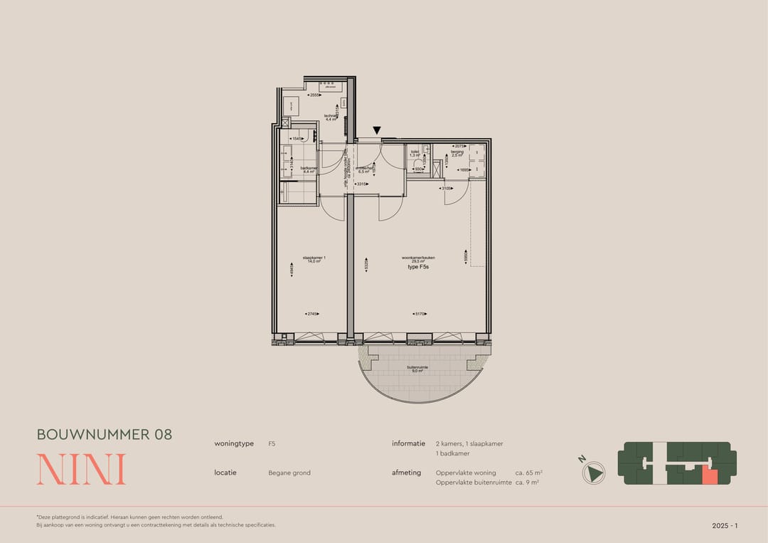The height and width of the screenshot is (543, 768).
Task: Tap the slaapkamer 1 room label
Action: click(x=314, y=259)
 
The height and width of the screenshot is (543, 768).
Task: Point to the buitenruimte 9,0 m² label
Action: click(x=417, y=369)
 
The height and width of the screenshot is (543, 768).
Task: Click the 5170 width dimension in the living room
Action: click(x=420, y=313)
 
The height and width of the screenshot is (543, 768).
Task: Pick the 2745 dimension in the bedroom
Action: click(x=311, y=313)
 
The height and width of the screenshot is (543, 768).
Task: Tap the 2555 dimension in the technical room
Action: click(x=314, y=95)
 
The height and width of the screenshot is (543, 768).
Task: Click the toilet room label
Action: click(x=414, y=153)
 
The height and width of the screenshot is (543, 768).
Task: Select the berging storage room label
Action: click(x=457, y=153)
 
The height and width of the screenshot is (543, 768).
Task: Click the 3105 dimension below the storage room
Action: click(x=447, y=189)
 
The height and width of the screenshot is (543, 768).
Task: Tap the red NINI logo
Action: click(x=81, y=469)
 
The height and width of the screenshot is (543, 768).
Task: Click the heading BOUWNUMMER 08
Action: click(x=105, y=434)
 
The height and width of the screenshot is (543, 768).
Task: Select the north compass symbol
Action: click(x=594, y=472)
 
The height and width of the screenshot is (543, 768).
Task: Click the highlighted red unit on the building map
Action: click(x=708, y=475)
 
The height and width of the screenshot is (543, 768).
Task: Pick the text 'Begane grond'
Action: click(x=289, y=473)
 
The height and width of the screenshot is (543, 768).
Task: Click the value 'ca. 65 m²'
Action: click(x=528, y=473)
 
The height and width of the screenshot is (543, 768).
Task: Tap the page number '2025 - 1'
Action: click(x=725, y=525)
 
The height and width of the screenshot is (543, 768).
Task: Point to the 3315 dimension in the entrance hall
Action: click(x=361, y=184)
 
